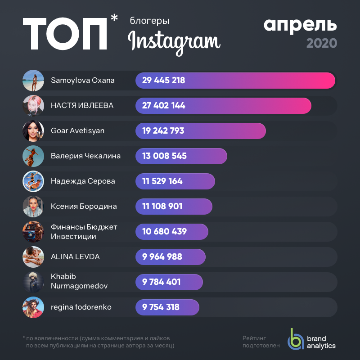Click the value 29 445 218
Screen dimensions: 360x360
(163, 81)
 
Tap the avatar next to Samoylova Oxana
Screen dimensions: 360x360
(33, 81)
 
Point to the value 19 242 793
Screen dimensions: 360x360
(163, 131)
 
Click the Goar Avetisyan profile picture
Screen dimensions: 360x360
(33, 131)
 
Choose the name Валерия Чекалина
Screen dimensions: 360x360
(86, 156)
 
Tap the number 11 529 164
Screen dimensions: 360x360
(162, 181)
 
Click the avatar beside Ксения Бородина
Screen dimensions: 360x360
(33, 207)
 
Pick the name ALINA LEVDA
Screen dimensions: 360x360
(75, 257)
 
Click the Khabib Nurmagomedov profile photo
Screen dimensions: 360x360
(33, 282)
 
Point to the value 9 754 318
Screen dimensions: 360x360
(161, 307)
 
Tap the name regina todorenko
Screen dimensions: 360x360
(81, 307)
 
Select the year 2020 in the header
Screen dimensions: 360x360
(321, 43)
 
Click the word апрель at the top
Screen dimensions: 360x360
(300, 25)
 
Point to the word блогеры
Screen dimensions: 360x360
(149, 21)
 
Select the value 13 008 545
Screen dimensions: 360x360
(164, 156)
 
